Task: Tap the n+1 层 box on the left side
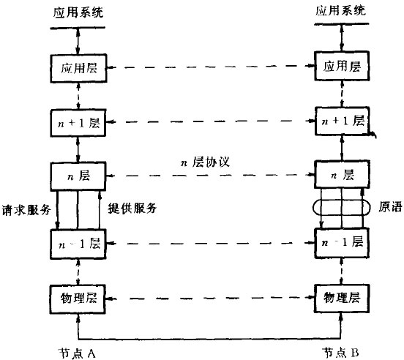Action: [78, 121]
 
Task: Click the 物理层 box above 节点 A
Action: [78, 299]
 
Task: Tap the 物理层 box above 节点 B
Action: [340, 299]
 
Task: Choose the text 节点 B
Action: [340, 351]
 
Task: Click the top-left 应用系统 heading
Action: [77, 12]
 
